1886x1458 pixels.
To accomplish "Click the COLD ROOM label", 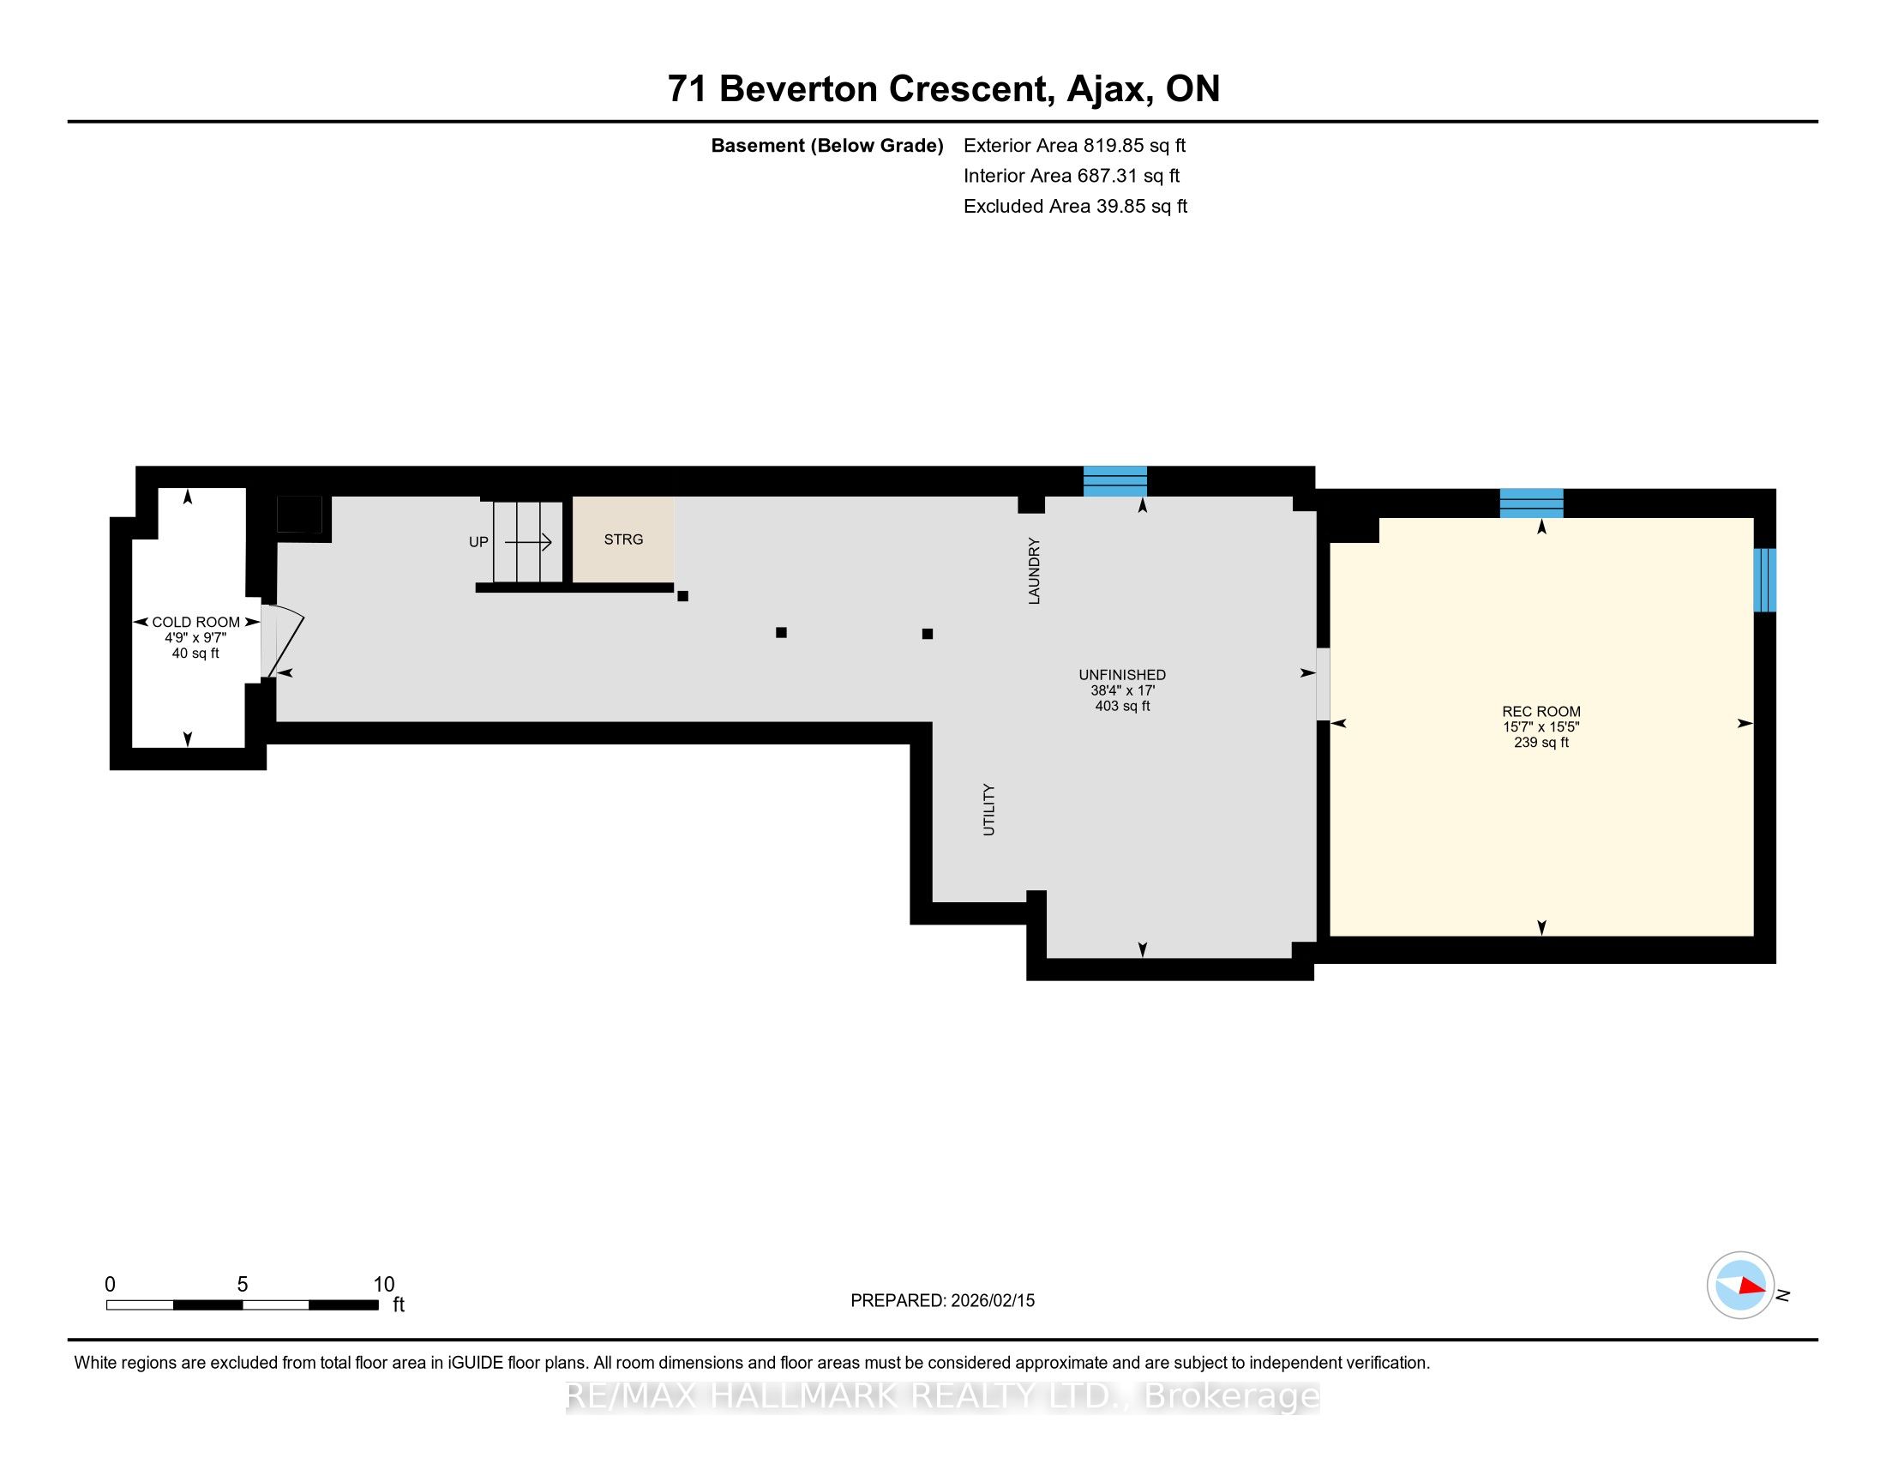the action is (196, 622).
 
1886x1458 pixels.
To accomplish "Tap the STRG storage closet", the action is (622, 539).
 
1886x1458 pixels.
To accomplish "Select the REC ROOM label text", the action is (1541, 712).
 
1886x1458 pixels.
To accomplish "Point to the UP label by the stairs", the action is (478, 542).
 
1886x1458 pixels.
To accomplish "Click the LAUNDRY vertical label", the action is (1034, 570).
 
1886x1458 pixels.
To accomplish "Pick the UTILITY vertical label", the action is (988, 810).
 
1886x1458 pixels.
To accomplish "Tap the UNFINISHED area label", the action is (1122, 675).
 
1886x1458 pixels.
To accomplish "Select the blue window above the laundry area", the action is (1114, 481).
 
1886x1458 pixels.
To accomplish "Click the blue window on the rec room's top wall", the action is (1531, 503).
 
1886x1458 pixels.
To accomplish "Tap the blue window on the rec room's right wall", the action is (1764, 580).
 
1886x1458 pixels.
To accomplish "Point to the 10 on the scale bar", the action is (384, 1285).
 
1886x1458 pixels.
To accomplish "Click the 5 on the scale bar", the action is (243, 1285).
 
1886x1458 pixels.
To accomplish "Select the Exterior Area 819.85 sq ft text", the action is (1074, 145).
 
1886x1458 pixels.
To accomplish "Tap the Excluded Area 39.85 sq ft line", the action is (1075, 206).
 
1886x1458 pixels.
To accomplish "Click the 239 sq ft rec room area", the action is (1541, 742).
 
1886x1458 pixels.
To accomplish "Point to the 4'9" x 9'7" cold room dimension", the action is (196, 637).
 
